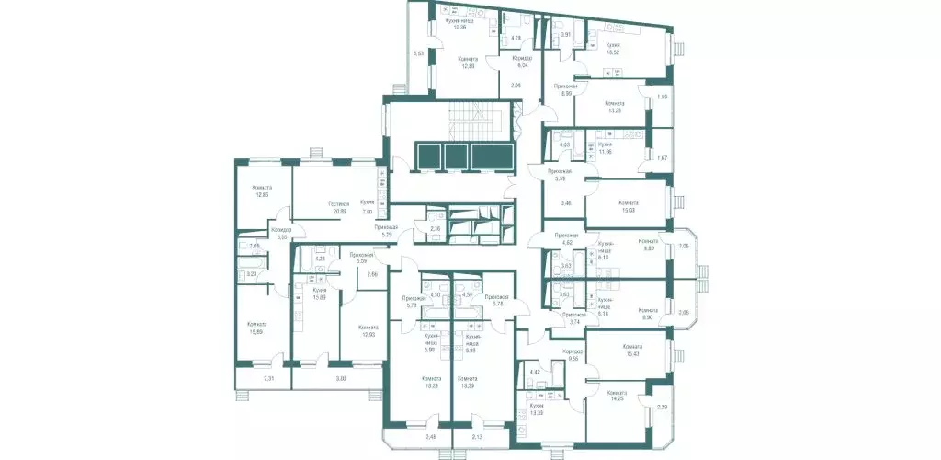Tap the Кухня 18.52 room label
tap(614, 49)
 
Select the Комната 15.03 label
tap(629, 206)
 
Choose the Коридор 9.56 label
tap(573, 354)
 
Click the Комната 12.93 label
tap(368, 329)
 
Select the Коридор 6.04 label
tap(522, 62)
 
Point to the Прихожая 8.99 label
tap(564, 89)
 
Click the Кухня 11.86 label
tap(605, 148)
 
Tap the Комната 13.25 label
tap(615, 107)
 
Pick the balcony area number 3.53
tap(418, 54)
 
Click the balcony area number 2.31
tap(269, 379)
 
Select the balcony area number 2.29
tap(662, 407)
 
